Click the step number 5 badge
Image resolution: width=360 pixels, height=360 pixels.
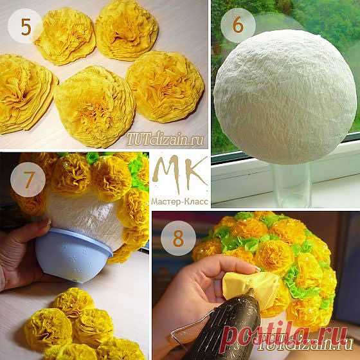tap(26, 26)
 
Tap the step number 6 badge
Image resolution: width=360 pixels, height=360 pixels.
tap(238, 26)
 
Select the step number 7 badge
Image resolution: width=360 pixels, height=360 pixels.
tap(28, 179)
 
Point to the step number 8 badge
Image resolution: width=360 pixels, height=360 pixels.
tap(179, 238)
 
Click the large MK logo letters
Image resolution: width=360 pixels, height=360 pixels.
tap(179, 174)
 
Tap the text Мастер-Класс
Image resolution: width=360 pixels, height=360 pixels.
tap(179, 202)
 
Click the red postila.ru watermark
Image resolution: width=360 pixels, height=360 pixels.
tap(283, 337)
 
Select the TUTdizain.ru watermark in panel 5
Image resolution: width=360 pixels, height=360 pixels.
tap(165, 139)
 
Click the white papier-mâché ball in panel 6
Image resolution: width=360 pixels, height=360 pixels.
tap(285, 96)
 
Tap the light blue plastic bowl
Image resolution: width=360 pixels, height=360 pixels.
tap(73, 254)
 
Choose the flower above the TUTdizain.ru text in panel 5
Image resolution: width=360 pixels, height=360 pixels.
tap(165, 87)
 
